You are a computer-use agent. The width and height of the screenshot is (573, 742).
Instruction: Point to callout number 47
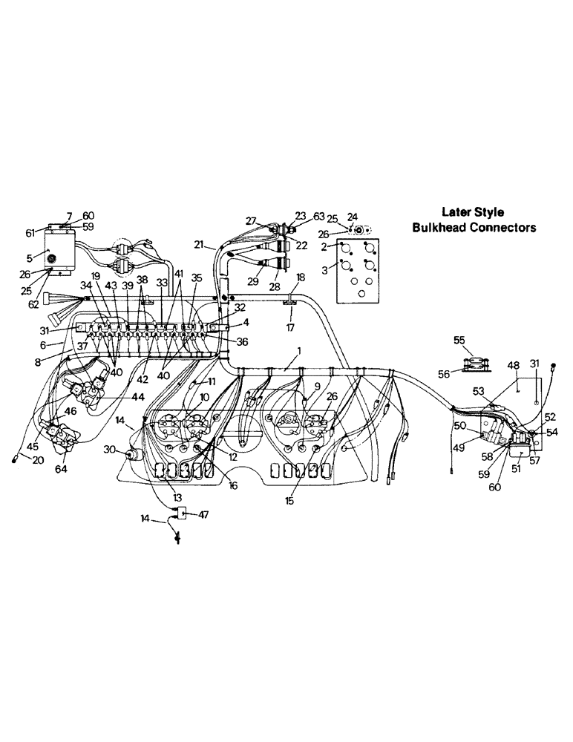tap(203, 513)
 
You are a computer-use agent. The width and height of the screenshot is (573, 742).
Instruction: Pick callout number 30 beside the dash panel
tap(110, 449)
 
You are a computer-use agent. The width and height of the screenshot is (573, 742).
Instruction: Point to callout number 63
tap(318, 217)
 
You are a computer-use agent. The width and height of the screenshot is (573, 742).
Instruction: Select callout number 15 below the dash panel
tap(290, 501)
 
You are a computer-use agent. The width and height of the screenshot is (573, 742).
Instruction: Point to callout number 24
tap(353, 217)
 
